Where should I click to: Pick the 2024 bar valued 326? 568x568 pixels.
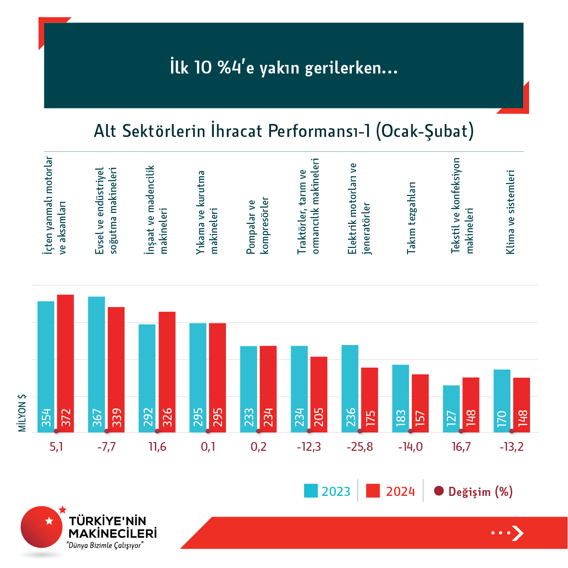[167, 372]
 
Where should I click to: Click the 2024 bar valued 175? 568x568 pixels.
[370, 400]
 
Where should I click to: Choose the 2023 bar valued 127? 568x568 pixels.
[451, 409]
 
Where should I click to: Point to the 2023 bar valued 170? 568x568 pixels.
[502, 401]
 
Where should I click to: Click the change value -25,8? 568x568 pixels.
[359, 447]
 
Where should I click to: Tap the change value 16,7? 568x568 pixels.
[461, 447]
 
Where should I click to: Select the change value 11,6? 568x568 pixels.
[157, 447]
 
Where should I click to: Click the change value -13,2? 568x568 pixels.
[511, 447]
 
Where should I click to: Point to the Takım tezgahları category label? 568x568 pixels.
[411, 218]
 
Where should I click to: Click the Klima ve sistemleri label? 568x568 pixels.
[510, 212]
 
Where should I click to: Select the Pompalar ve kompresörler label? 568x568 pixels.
[258, 226]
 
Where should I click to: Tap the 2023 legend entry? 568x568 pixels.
[327, 491]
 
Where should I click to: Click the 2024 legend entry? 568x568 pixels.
[390, 491]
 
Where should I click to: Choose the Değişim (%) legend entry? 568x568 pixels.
[473, 491]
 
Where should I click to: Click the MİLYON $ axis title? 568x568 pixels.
[22, 413]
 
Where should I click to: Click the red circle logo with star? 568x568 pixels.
[42, 527]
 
